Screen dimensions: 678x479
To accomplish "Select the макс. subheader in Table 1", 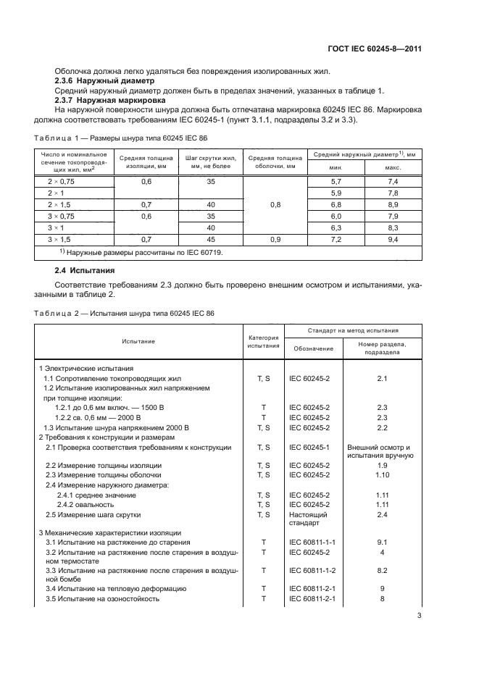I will point(393,167).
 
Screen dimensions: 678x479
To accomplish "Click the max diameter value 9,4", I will point(393,238).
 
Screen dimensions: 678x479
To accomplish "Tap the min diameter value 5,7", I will point(336,181).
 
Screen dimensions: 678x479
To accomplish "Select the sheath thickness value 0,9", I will point(275,238).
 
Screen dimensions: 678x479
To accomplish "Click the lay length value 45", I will point(211,238).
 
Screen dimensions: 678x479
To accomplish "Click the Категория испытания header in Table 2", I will point(264,341).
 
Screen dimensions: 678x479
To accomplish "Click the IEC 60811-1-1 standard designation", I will point(312,541).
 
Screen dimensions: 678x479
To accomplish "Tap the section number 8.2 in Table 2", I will point(383,570).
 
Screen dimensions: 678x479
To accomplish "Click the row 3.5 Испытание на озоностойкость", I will point(102,599).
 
